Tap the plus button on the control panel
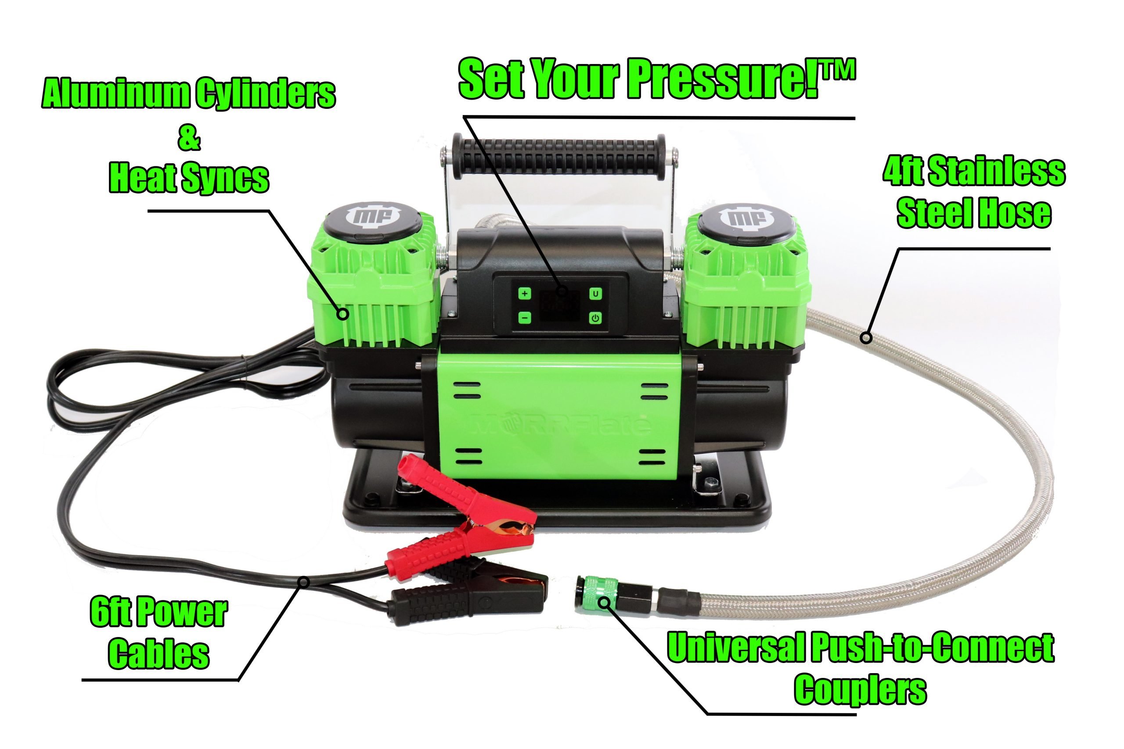(525, 293)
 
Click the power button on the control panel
(595, 318)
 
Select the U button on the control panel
(595, 293)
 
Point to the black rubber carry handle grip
(558, 157)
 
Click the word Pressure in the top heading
(722, 79)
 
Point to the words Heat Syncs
(189, 178)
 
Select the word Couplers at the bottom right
(860, 689)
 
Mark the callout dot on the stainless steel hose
(866, 338)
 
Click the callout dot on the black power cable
(304, 582)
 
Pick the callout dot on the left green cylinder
(342, 314)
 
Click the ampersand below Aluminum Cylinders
(189, 139)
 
